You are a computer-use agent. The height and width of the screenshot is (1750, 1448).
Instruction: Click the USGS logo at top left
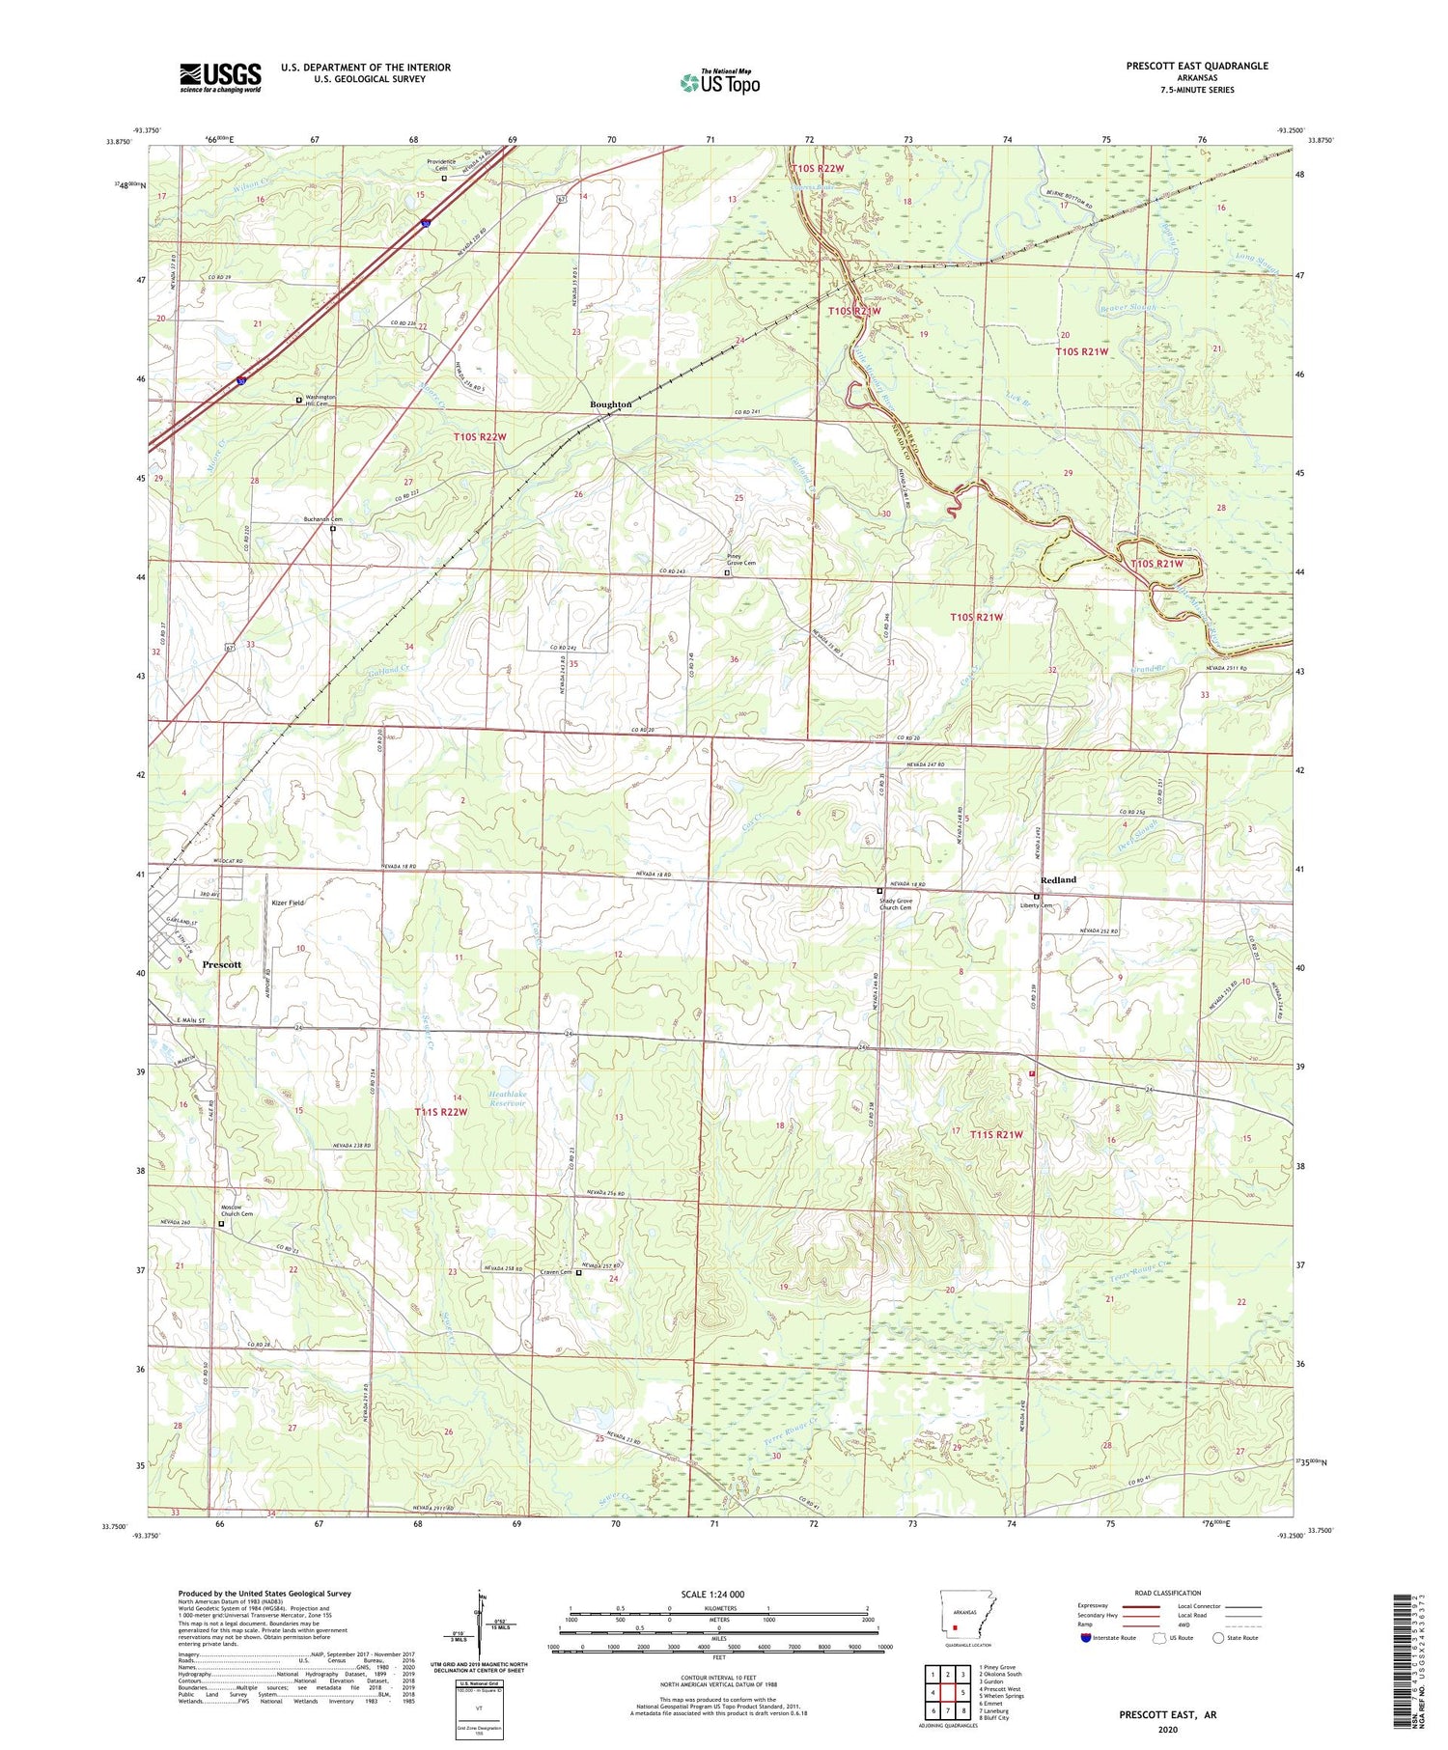click(x=220, y=77)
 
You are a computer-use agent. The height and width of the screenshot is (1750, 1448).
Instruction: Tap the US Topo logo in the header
click(x=720, y=82)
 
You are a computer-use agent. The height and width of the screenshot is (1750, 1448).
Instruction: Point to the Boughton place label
click(x=610, y=404)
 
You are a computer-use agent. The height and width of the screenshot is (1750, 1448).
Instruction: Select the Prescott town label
click(x=221, y=964)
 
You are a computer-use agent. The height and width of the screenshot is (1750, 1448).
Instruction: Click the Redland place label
click(x=1058, y=879)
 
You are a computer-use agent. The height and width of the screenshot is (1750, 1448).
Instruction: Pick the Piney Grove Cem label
click(x=740, y=562)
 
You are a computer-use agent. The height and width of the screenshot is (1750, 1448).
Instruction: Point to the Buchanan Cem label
click(x=322, y=519)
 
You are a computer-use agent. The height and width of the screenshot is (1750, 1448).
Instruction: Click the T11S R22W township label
click(x=441, y=1112)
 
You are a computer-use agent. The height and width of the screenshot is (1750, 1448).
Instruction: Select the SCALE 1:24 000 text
click(x=712, y=1595)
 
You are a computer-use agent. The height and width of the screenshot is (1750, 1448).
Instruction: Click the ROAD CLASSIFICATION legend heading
click(x=1168, y=1594)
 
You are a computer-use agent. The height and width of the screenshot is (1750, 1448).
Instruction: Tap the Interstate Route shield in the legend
click(x=1086, y=1638)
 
